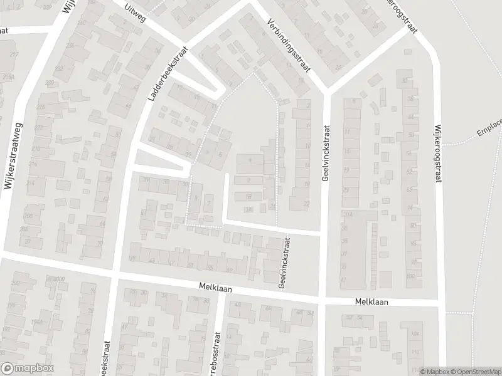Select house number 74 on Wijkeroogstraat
[411, 208]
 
